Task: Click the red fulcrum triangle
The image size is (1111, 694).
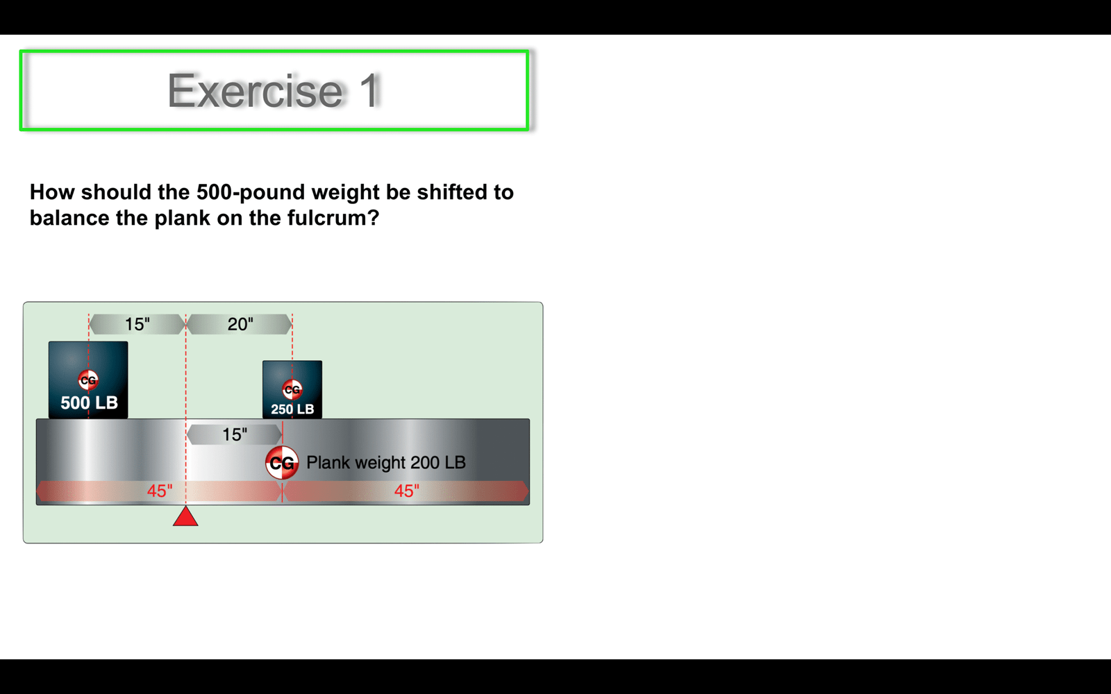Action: pos(185,516)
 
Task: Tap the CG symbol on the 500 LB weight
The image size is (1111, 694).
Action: pos(88,380)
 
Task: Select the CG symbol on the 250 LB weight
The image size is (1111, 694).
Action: pos(292,389)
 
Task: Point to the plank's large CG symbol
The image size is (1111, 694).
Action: pos(282,463)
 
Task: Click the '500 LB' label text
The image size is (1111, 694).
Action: pos(90,403)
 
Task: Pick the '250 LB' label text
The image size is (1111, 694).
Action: pos(292,409)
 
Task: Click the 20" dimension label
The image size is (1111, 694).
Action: pos(240,324)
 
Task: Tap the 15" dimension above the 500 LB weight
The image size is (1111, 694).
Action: pos(137,324)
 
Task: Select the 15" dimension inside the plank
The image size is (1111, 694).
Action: pos(234,434)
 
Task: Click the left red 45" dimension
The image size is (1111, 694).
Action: pos(160,491)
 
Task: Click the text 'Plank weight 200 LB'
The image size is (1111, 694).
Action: pos(386,462)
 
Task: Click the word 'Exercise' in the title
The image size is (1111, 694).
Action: pos(255,90)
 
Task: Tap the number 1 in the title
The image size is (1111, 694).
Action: pos(369,90)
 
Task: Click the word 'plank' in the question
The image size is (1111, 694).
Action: pos(183,218)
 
